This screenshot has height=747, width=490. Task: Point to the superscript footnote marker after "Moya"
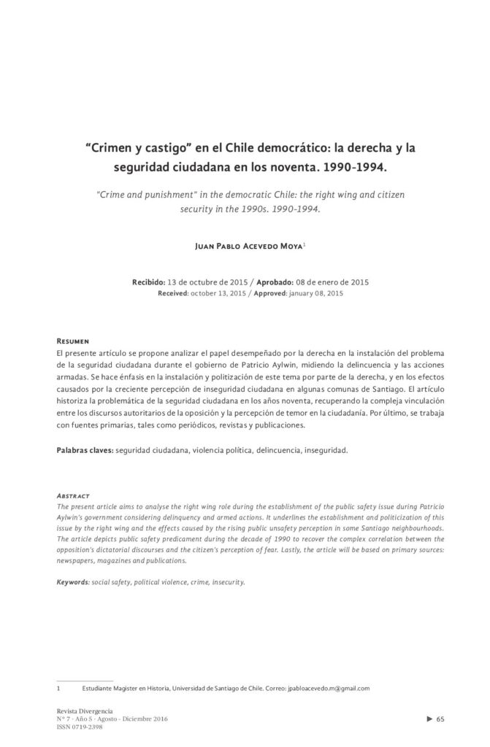pyautogui.click(x=305, y=244)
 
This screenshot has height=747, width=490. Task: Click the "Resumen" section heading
pyautogui.click(x=73, y=341)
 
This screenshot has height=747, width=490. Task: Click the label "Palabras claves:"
pyautogui.click(x=85, y=450)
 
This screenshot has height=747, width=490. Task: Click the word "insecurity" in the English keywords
pyautogui.click(x=226, y=582)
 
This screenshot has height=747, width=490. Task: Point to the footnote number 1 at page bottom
pyautogui.click(x=58, y=688)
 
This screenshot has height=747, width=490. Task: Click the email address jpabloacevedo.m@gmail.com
pyautogui.click(x=329, y=688)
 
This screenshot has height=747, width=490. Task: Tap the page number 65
pyautogui.click(x=440, y=719)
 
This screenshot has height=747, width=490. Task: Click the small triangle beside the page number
pyautogui.click(x=429, y=719)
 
